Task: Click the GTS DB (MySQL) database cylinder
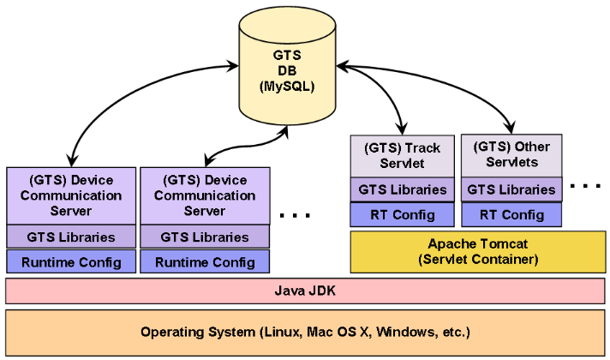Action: pos(287,73)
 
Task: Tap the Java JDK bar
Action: pos(304,291)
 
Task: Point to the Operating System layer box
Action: pos(304,332)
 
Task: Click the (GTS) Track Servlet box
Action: pos(401,155)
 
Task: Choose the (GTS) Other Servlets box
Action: pos(511,154)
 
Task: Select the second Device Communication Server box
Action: pos(204,195)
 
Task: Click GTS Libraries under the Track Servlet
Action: pos(401,189)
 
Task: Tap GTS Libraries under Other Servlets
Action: pos(511,189)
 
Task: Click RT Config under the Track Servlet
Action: pos(401,215)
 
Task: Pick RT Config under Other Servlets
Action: pos(511,215)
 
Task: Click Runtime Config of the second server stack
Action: pos(204,261)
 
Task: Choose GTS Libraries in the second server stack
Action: pos(204,237)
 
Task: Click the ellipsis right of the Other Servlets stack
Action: pos(585,186)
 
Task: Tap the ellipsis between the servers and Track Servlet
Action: pos(296,214)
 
